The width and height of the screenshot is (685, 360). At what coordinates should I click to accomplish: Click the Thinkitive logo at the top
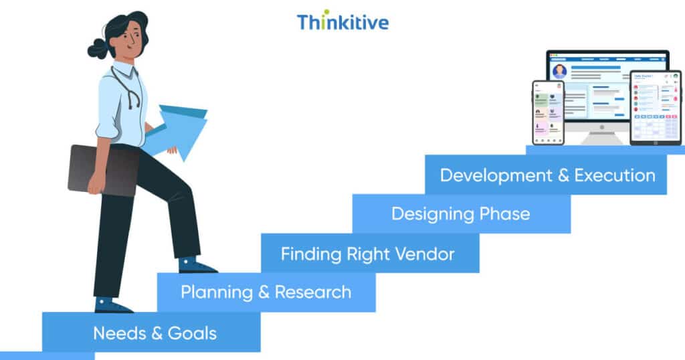[342, 21]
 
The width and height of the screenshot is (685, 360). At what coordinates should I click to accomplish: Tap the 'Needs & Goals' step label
[155, 333]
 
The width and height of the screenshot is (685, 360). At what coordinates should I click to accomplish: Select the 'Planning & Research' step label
[266, 292]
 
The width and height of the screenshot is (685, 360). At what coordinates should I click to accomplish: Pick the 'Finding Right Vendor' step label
[367, 254]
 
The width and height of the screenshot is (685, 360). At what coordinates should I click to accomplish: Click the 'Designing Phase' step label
[460, 213]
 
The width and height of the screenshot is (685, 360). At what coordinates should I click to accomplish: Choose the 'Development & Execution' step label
[547, 175]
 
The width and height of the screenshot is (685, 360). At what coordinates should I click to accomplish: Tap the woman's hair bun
[98, 48]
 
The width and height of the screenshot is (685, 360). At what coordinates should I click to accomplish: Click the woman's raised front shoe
[197, 266]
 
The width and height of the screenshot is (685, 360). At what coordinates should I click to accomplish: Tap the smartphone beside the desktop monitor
[548, 112]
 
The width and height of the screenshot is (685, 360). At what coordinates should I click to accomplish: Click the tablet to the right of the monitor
[655, 107]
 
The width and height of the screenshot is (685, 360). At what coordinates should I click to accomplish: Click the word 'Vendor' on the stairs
[424, 254]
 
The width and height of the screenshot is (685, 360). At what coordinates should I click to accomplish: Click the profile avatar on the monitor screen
[559, 71]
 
